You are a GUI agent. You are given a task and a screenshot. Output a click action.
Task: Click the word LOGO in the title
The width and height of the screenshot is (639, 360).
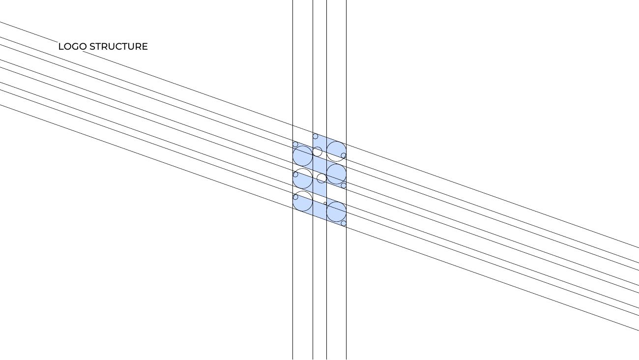pyautogui.click(x=72, y=47)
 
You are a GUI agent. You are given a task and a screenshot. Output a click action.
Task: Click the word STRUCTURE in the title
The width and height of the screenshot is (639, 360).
pyautogui.click(x=118, y=47)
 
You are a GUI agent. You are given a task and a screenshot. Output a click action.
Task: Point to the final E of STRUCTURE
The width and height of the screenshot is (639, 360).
pyautogui.click(x=145, y=47)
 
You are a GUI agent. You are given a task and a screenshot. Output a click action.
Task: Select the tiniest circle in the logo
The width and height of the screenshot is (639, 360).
pyautogui.click(x=325, y=203)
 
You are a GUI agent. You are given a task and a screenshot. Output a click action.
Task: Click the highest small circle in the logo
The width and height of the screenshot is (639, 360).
pyautogui.click(x=315, y=136)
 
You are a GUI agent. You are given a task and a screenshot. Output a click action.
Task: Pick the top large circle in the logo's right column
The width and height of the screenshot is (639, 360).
pyautogui.click(x=336, y=151)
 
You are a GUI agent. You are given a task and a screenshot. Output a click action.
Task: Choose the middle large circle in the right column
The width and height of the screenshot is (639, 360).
pyautogui.click(x=336, y=174)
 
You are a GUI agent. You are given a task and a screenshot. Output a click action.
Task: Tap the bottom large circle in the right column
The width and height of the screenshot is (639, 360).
pyautogui.click(x=336, y=211)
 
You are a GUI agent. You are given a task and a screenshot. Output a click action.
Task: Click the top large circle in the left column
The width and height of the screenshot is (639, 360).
pyautogui.click(x=303, y=156)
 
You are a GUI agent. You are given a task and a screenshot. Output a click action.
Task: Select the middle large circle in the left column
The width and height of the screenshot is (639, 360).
pyautogui.click(x=303, y=179)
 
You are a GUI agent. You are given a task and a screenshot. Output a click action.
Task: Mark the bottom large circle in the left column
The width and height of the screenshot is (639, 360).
pyautogui.click(x=303, y=201)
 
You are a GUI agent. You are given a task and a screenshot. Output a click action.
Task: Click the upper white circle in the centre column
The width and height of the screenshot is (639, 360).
pyautogui.click(x=317, y=151)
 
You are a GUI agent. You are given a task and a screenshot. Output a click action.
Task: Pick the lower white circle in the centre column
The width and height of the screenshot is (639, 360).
pyautogui.click(x=321, y=178)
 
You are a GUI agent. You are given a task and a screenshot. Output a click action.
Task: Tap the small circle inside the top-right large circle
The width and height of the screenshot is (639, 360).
pyautogui.click(x=344, y=155)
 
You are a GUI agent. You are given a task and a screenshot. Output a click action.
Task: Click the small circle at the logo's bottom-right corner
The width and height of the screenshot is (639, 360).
pyautogui.click(x=344, y=223)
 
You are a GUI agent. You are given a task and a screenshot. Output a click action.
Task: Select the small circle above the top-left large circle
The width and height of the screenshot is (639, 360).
pyautogui.click(x=295, y=144)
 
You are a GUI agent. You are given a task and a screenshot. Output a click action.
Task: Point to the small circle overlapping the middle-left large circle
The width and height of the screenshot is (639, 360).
pyautogui.click(x=295, y=175)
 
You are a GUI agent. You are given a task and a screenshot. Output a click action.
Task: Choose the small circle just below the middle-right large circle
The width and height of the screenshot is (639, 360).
pyautogui.click(x=344, y=185)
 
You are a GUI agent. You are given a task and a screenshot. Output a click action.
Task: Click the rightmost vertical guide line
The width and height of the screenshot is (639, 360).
pyautogui.click(x=347, y=180)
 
